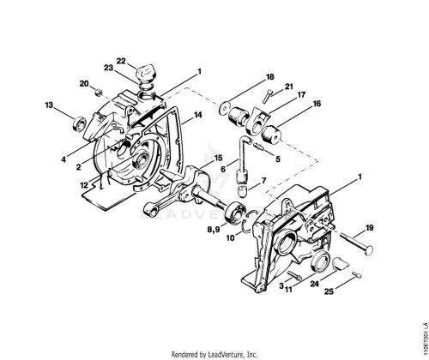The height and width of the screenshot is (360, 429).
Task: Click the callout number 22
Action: tap(121, 61)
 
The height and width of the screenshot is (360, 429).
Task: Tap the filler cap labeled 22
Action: tap(146, 74)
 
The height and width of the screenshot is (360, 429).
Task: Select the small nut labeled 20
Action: tap(98, 93)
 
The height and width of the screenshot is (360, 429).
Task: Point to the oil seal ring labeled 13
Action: tap(80, 124)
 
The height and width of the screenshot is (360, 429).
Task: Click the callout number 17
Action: tap(301, 94)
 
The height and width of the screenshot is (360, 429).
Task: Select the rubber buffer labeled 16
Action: tap(271, 135)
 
